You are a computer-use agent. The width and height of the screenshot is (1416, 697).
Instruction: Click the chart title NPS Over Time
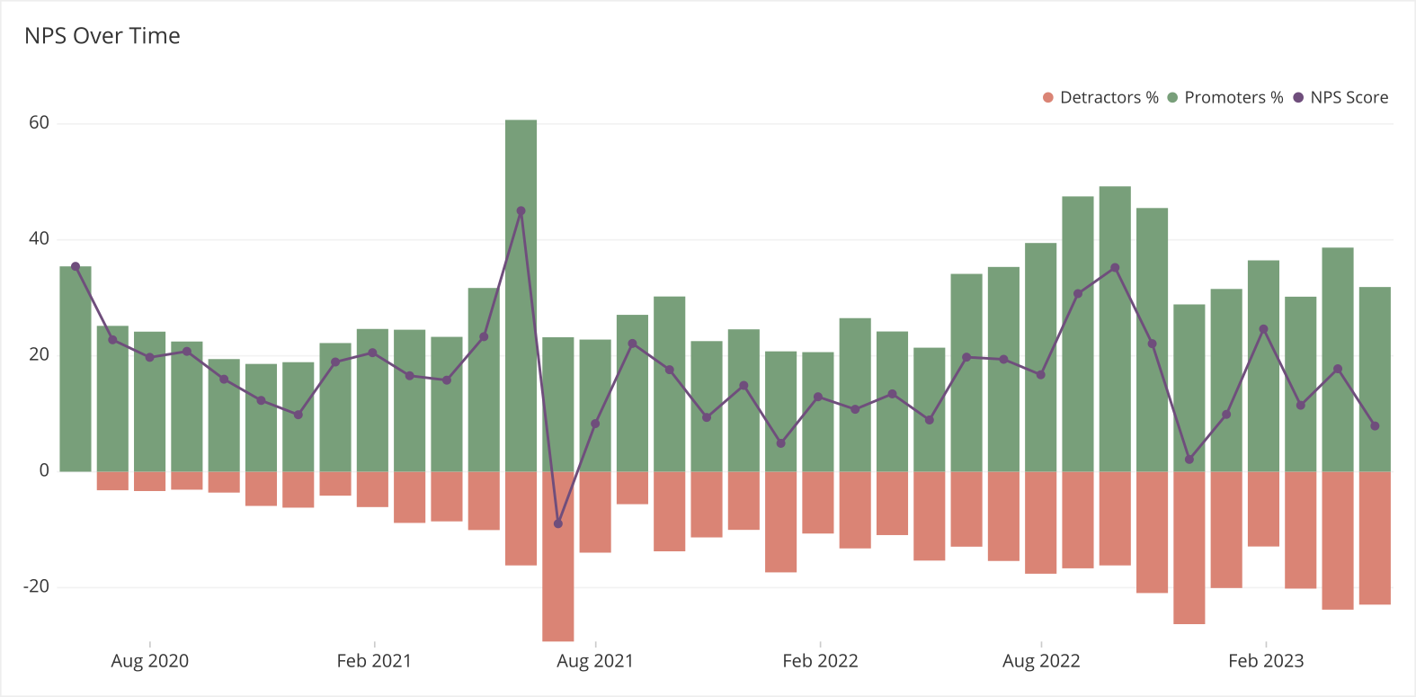pos(102,36)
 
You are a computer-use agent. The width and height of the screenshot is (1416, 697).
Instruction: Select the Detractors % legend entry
pos(1100,97)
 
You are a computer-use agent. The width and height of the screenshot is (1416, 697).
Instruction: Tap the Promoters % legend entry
pos(1225,97)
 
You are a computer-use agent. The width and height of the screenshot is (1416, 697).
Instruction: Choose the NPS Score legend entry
pos(1340,97)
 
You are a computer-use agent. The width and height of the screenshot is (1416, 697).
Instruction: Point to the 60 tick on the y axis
pos(39,123)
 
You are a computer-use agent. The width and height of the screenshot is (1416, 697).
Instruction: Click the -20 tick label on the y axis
pos(36,586)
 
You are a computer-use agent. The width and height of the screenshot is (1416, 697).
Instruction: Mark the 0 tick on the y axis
pos(44,470)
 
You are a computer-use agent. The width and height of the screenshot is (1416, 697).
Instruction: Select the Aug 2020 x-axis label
pos(149,661)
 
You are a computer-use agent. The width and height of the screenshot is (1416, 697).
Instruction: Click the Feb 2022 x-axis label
pos(820,661)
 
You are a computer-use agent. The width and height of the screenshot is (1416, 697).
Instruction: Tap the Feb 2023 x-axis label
pos(1265,661)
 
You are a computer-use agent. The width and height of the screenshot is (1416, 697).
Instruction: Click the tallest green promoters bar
pos(521,297)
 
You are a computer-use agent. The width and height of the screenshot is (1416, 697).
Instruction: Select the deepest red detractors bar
pos(557,558)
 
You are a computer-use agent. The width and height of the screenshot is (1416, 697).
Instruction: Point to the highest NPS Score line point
pos(521,211)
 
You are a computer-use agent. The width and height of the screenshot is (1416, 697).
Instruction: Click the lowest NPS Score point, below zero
pos(557,523)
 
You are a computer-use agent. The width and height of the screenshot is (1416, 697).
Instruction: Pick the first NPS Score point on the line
pos(76,266)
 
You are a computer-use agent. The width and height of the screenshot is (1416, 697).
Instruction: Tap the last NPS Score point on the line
pos(1375,426)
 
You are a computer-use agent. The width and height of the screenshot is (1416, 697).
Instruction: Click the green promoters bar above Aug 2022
pos(1040,360)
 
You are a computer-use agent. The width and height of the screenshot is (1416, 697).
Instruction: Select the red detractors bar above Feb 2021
pos(372,489)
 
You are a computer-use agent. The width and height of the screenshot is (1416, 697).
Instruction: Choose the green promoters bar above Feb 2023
pos(1263,369)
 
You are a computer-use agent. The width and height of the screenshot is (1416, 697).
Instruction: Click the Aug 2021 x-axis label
pos(594,661)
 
